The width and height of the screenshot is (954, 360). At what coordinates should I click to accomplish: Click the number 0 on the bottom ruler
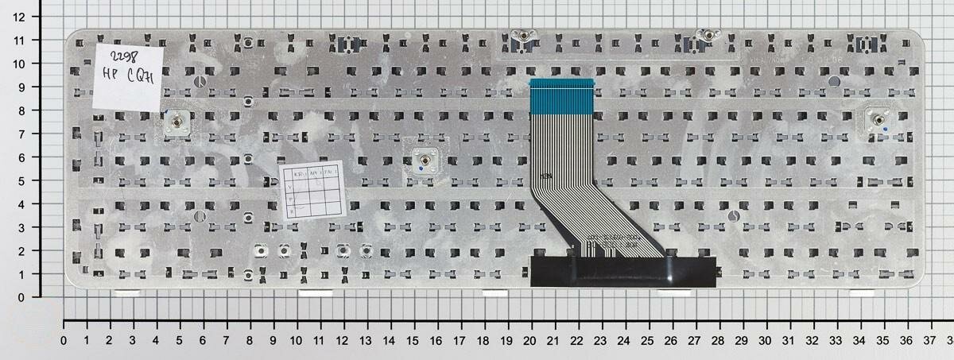[x=64, y=340]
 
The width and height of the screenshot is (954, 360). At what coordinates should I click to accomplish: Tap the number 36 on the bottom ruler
[x=904, y=340]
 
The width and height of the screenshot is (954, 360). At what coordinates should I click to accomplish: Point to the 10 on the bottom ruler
[x=297, y=340]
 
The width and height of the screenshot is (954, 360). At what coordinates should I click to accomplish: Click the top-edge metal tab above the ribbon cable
[x=523, y=35]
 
